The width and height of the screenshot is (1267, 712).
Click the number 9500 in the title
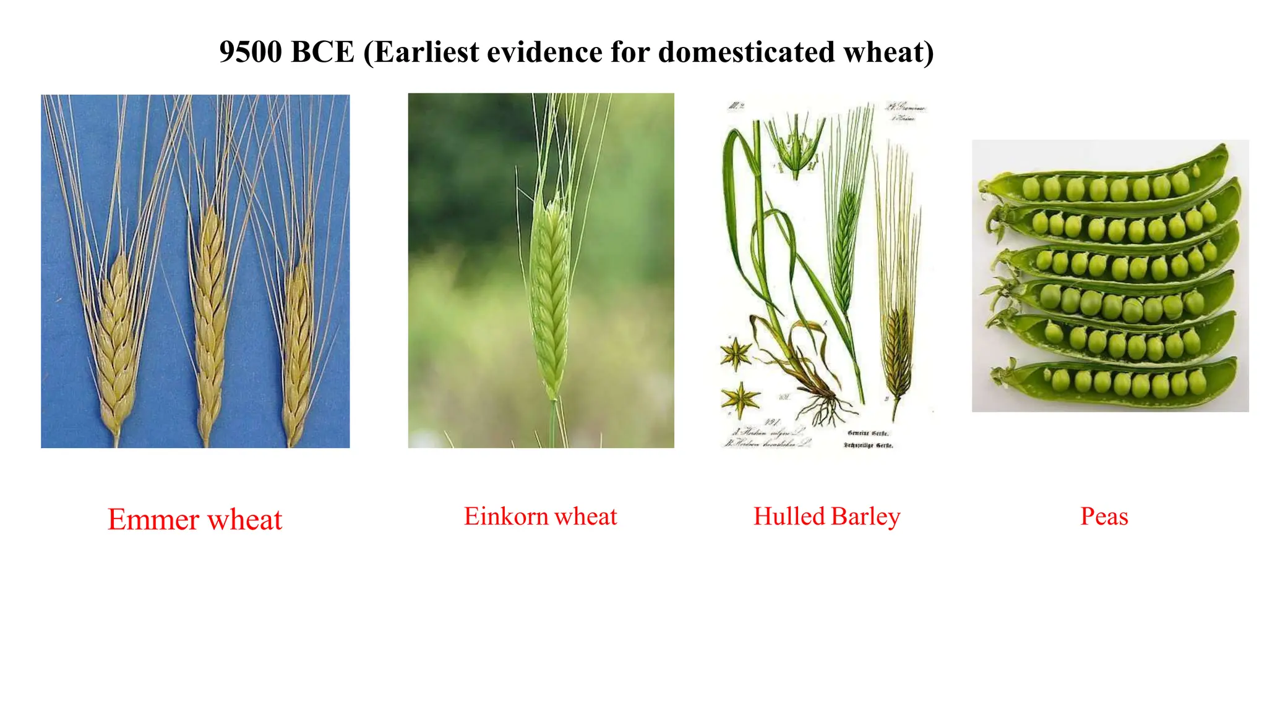[x=251, y=52]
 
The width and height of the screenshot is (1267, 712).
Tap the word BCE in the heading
[x=322, y=52]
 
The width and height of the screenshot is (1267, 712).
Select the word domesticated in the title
[x=746, y=52]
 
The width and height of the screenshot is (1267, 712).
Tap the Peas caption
[x=1104, y=516]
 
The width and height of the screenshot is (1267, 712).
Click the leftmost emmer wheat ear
[x=116, y=346]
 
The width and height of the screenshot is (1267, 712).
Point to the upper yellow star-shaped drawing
[x=736, y=354]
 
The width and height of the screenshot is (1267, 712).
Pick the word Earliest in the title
[x=426, y=52]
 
